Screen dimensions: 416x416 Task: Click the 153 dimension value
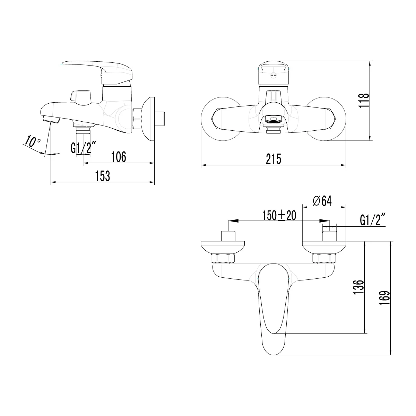pos(103,176)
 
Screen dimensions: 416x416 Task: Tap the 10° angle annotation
pos(32,142)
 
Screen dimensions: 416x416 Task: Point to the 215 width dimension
pos(274,159)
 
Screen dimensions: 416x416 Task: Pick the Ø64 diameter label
pos(322,201)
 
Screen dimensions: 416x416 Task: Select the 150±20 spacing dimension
pos(279,216)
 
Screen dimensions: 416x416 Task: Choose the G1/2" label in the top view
pos(373,220)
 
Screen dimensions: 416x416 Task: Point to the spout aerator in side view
pos(51,120)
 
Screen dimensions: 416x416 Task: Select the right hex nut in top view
pos(324,259)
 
